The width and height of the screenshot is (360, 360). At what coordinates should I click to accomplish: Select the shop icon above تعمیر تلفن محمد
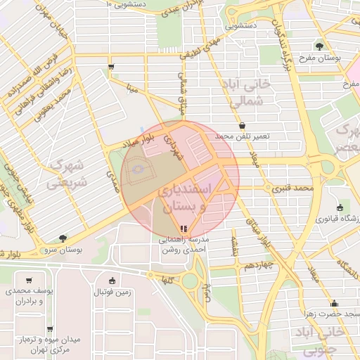(x=243, y=124)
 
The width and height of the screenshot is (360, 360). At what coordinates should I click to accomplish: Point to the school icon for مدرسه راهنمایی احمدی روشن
(x=183, y=229)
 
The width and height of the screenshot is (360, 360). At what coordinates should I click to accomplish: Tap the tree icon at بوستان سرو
(x=64, y=239)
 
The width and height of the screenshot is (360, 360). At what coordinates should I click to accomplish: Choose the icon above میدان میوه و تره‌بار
(x=49, y=328)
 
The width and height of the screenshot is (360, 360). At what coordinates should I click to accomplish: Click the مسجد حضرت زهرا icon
(x=333, y=304)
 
